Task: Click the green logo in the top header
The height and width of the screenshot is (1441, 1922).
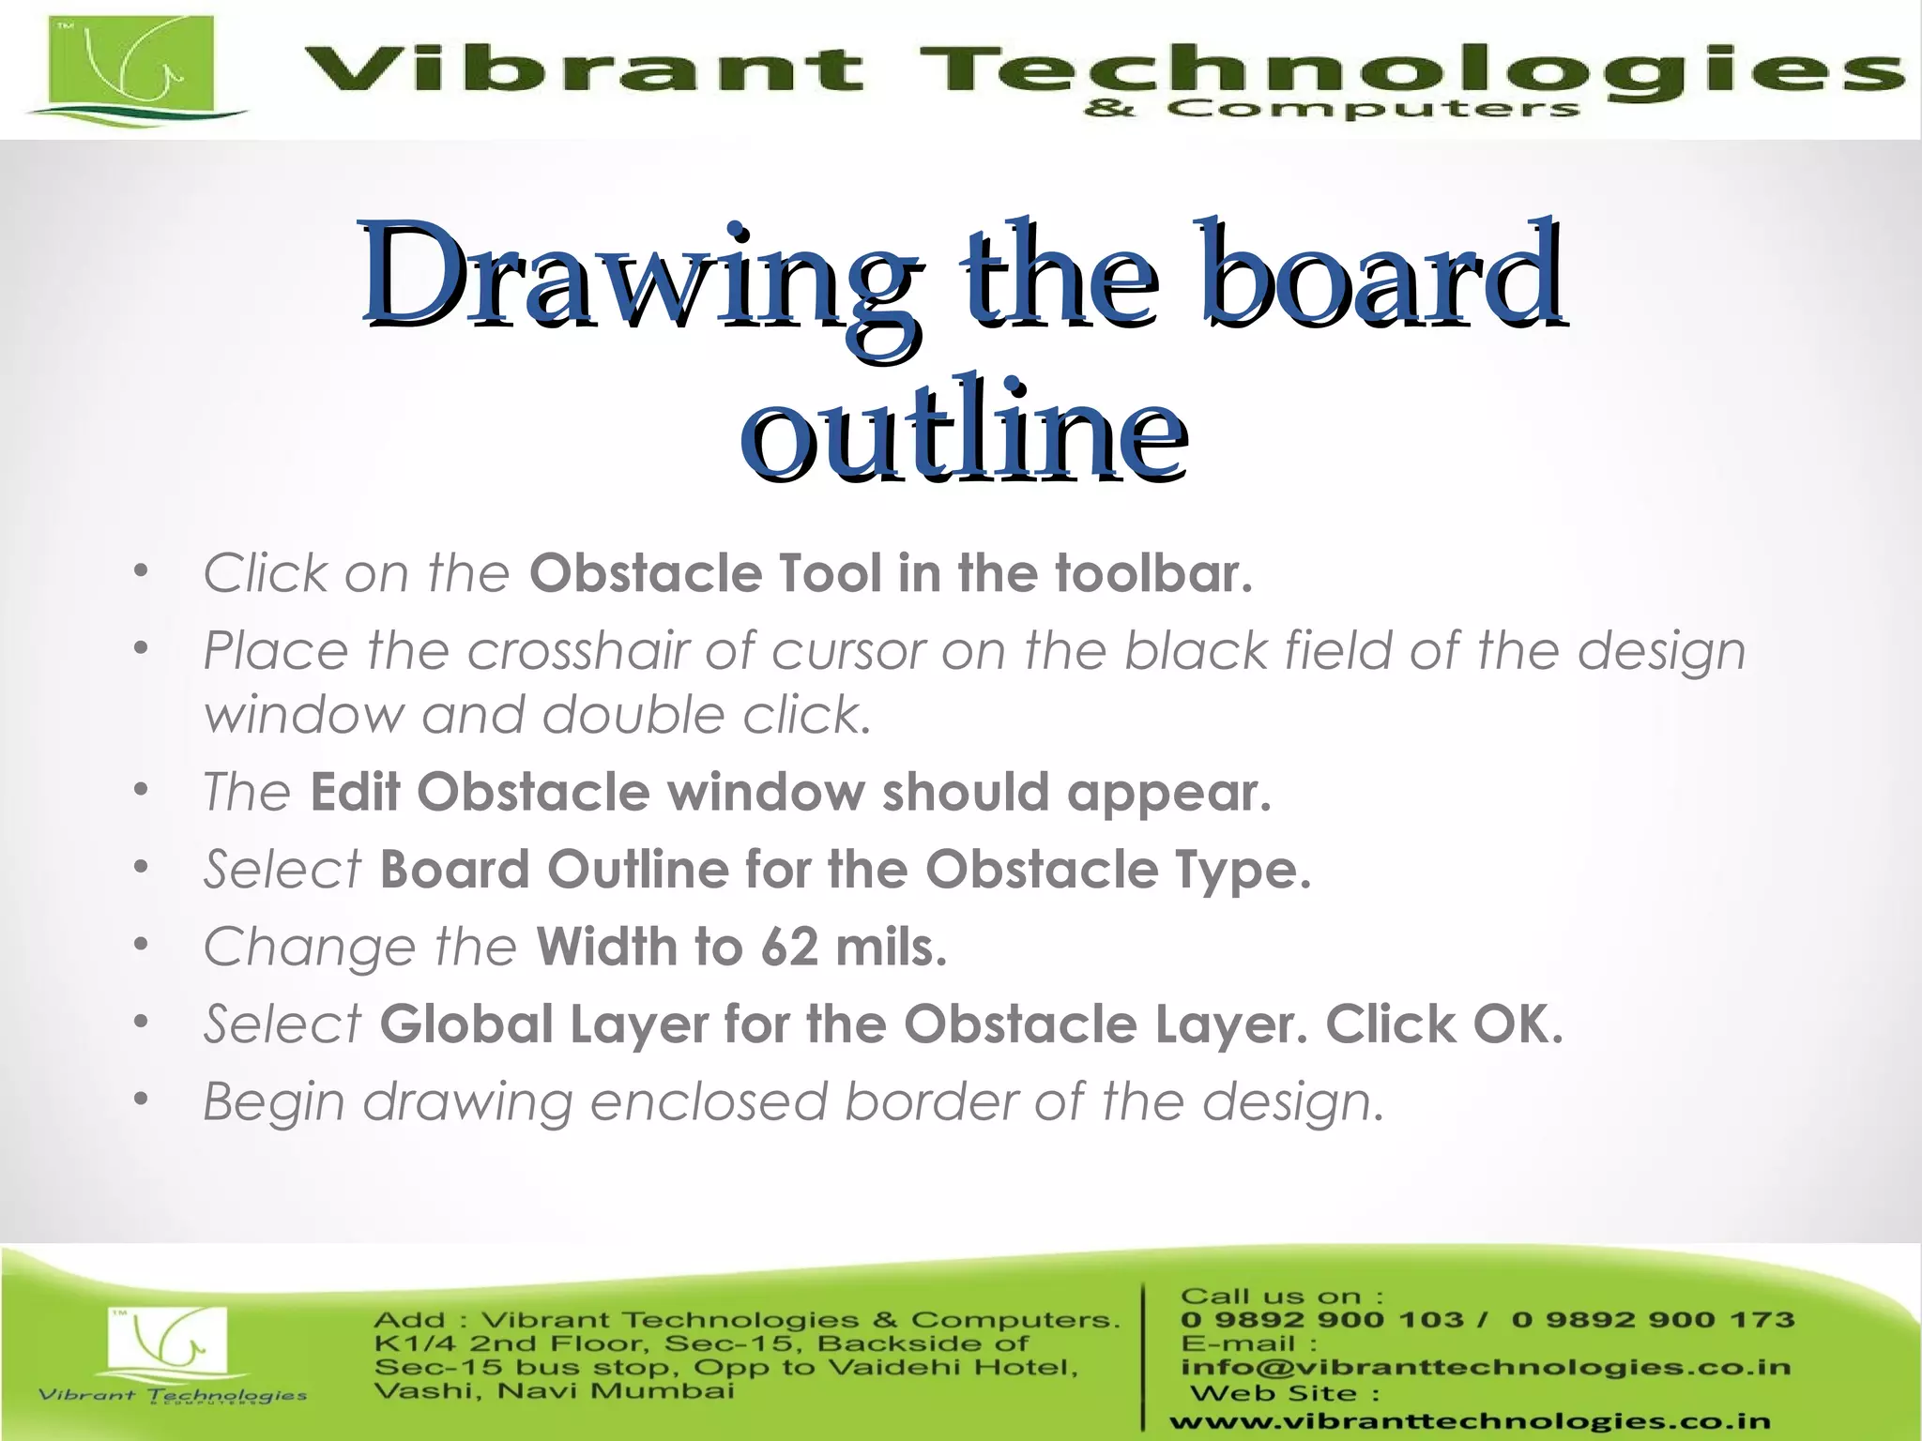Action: tap(131, 68)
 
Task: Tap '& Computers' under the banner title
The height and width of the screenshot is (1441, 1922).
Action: tap(1331, 110)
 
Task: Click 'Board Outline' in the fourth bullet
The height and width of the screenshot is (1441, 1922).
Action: tap(554, 870)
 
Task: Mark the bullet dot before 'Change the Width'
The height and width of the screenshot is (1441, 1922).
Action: tap(141, 945)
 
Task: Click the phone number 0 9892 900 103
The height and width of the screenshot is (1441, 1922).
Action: tap(1321, 1320)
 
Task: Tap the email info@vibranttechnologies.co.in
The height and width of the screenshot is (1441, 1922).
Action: tap(1485, 1367)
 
